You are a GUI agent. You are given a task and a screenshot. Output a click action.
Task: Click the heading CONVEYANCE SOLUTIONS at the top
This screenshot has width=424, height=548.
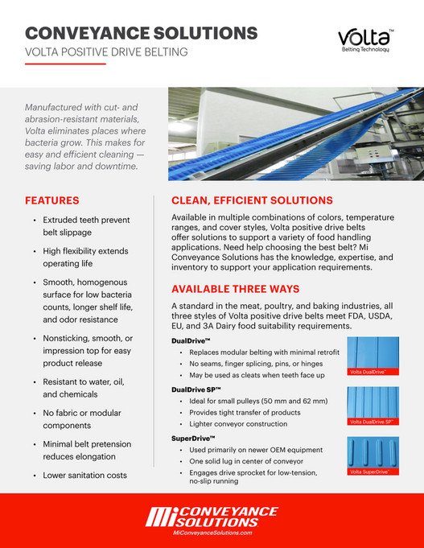pos(142,33)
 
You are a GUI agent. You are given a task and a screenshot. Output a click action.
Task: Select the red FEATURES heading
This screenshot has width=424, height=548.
pos(52,200)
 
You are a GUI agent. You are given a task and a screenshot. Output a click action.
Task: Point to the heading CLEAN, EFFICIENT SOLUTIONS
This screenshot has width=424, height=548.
pos(252,200)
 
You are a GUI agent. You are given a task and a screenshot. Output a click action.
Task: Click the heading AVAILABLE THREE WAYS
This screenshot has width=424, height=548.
pos(236,289)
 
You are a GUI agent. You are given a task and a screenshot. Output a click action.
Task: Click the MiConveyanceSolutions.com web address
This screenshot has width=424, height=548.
pos(212,533)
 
